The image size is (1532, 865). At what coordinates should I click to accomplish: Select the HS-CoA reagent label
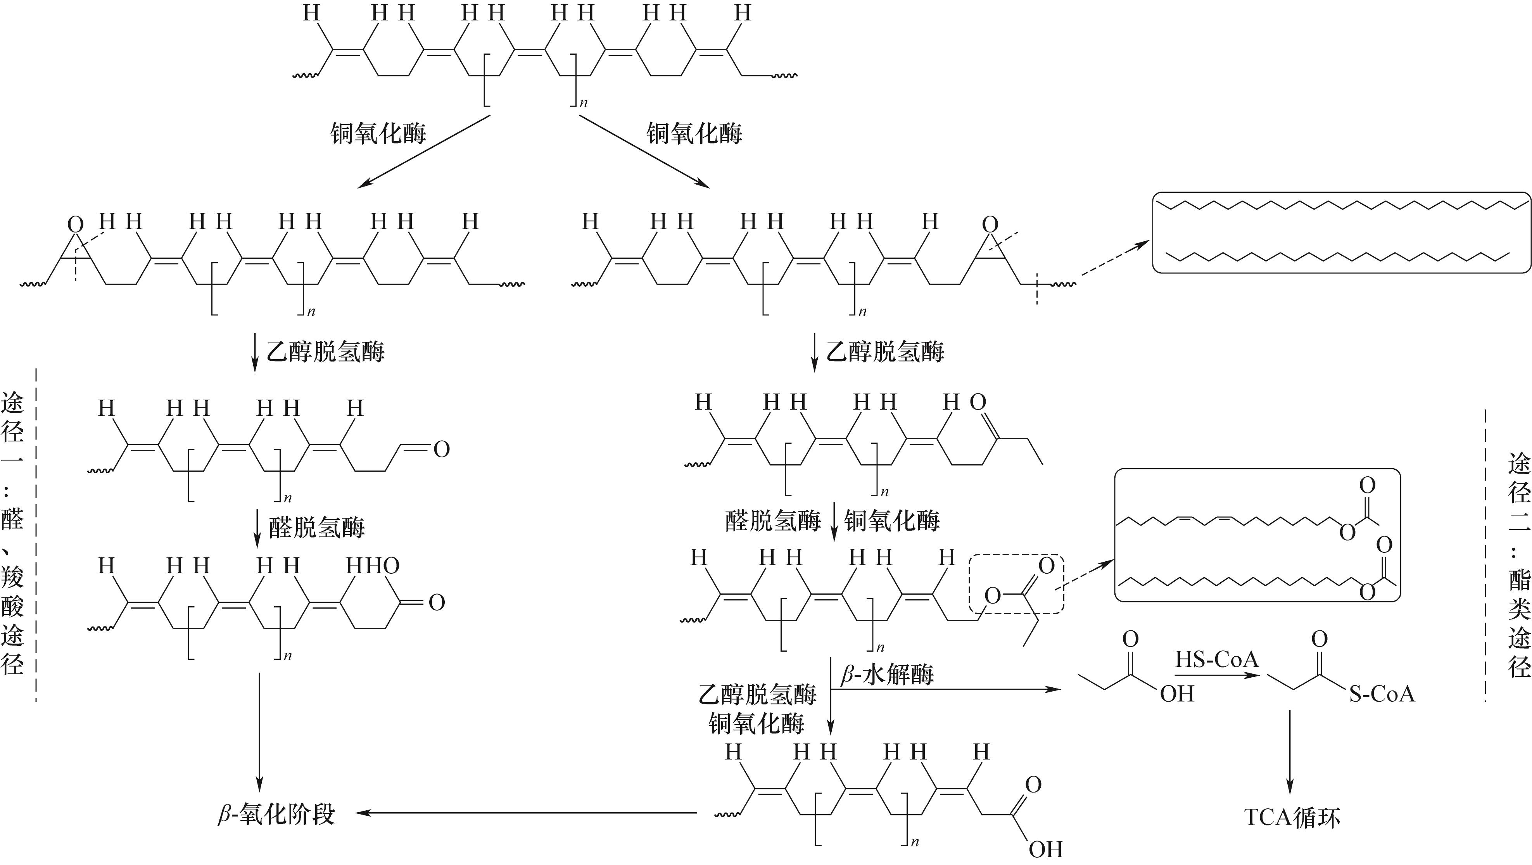[x=1217, y=659]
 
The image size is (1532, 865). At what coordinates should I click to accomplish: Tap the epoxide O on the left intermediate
[x=75, y=224]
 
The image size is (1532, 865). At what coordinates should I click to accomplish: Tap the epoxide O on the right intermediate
[x=990, y=224]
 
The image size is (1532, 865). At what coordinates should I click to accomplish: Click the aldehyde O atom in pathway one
[x=441, y=449]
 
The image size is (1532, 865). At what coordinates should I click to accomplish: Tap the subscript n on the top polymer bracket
[x=584, y=103]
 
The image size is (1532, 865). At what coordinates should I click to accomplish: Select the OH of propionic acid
[x=1177, y=694]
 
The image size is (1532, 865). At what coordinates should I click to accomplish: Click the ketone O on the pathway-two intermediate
[x=978, y=402]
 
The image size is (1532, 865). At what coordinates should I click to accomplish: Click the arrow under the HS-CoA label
[x=1217, y=675]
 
